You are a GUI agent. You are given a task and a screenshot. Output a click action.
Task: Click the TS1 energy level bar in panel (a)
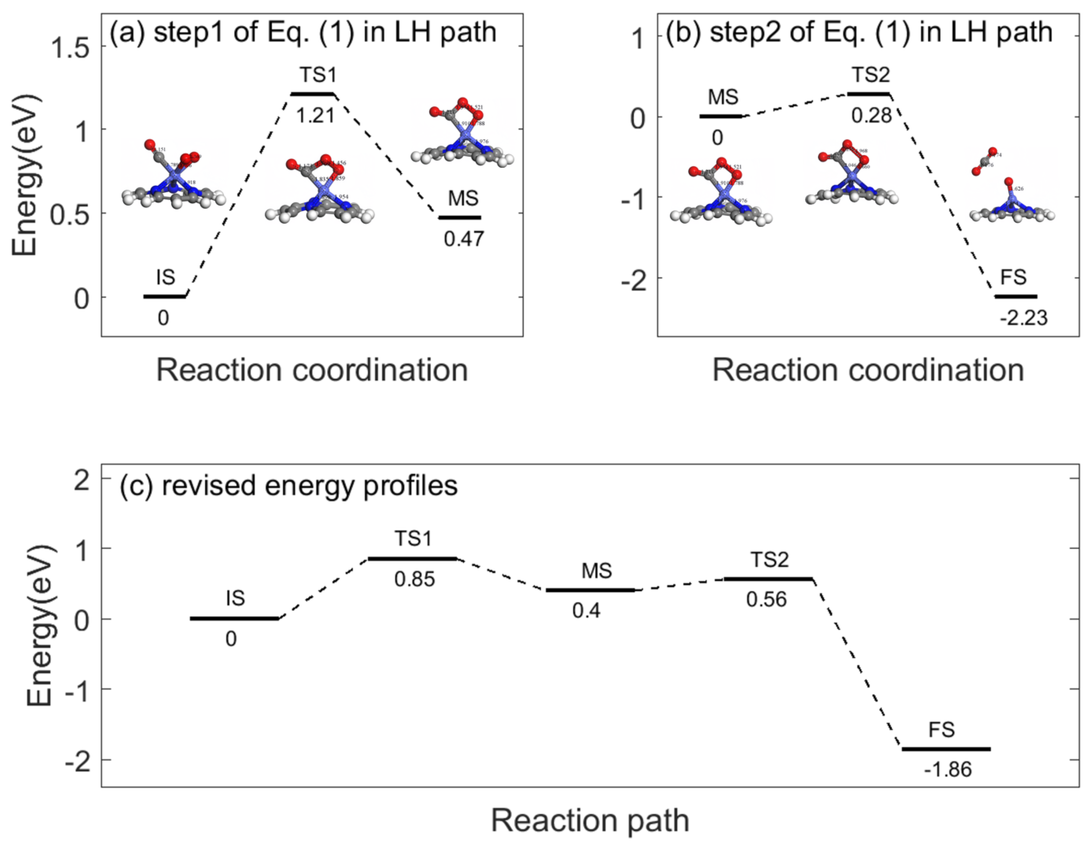click(x=312, y=94)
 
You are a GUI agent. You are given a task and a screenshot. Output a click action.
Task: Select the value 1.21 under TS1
click(x=315, y=116)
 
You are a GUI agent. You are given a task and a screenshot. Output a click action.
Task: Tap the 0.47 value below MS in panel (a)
click(x=464, y=239)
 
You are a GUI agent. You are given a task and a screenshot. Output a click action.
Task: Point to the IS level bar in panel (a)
click(x=164, y=297)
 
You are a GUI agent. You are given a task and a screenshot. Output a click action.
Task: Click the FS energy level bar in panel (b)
click(x=1016, y=296)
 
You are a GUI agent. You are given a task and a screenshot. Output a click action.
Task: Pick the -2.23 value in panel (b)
click(x=1023, y=318)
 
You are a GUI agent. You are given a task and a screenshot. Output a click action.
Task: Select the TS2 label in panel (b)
click(x=871, y=75)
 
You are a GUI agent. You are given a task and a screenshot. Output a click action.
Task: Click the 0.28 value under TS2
click(x=871, y=116)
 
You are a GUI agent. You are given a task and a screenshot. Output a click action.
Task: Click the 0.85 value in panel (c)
click(x=414, y=579)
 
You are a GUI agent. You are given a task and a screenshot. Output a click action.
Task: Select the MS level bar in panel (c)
click(x=590, y=590)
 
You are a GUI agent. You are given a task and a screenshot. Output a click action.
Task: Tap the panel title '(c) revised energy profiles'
click(x=288, y=485)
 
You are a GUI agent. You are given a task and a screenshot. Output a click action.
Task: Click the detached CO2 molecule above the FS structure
click(x=984, y=161)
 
